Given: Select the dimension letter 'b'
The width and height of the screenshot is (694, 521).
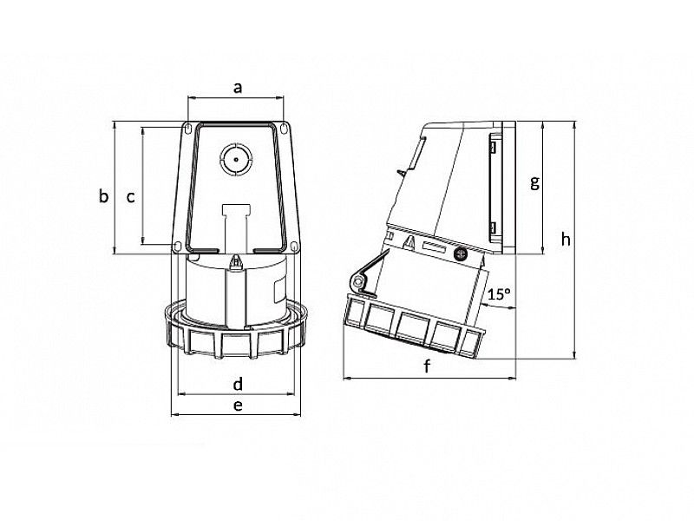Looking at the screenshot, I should click(x=103, y=196).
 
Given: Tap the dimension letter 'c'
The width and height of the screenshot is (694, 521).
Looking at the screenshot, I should click(x=130, y=197).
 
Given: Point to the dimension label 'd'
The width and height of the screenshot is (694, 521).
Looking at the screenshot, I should click(x=237, y=383).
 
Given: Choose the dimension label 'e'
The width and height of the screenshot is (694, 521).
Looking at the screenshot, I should click(x=237, y=405).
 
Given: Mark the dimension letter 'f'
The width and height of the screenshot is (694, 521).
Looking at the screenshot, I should click(x=427, y=367).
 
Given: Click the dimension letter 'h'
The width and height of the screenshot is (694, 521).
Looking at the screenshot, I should click(x=566, y=239).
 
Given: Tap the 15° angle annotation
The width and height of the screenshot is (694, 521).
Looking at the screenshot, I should click(x=498, y=294).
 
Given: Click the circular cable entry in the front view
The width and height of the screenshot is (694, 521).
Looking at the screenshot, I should click(x=236, y=161).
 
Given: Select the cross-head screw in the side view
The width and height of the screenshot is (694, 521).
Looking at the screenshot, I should click(x=462, y=254).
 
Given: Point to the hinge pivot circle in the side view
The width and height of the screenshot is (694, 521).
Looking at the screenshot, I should click(x=355, y=282).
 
